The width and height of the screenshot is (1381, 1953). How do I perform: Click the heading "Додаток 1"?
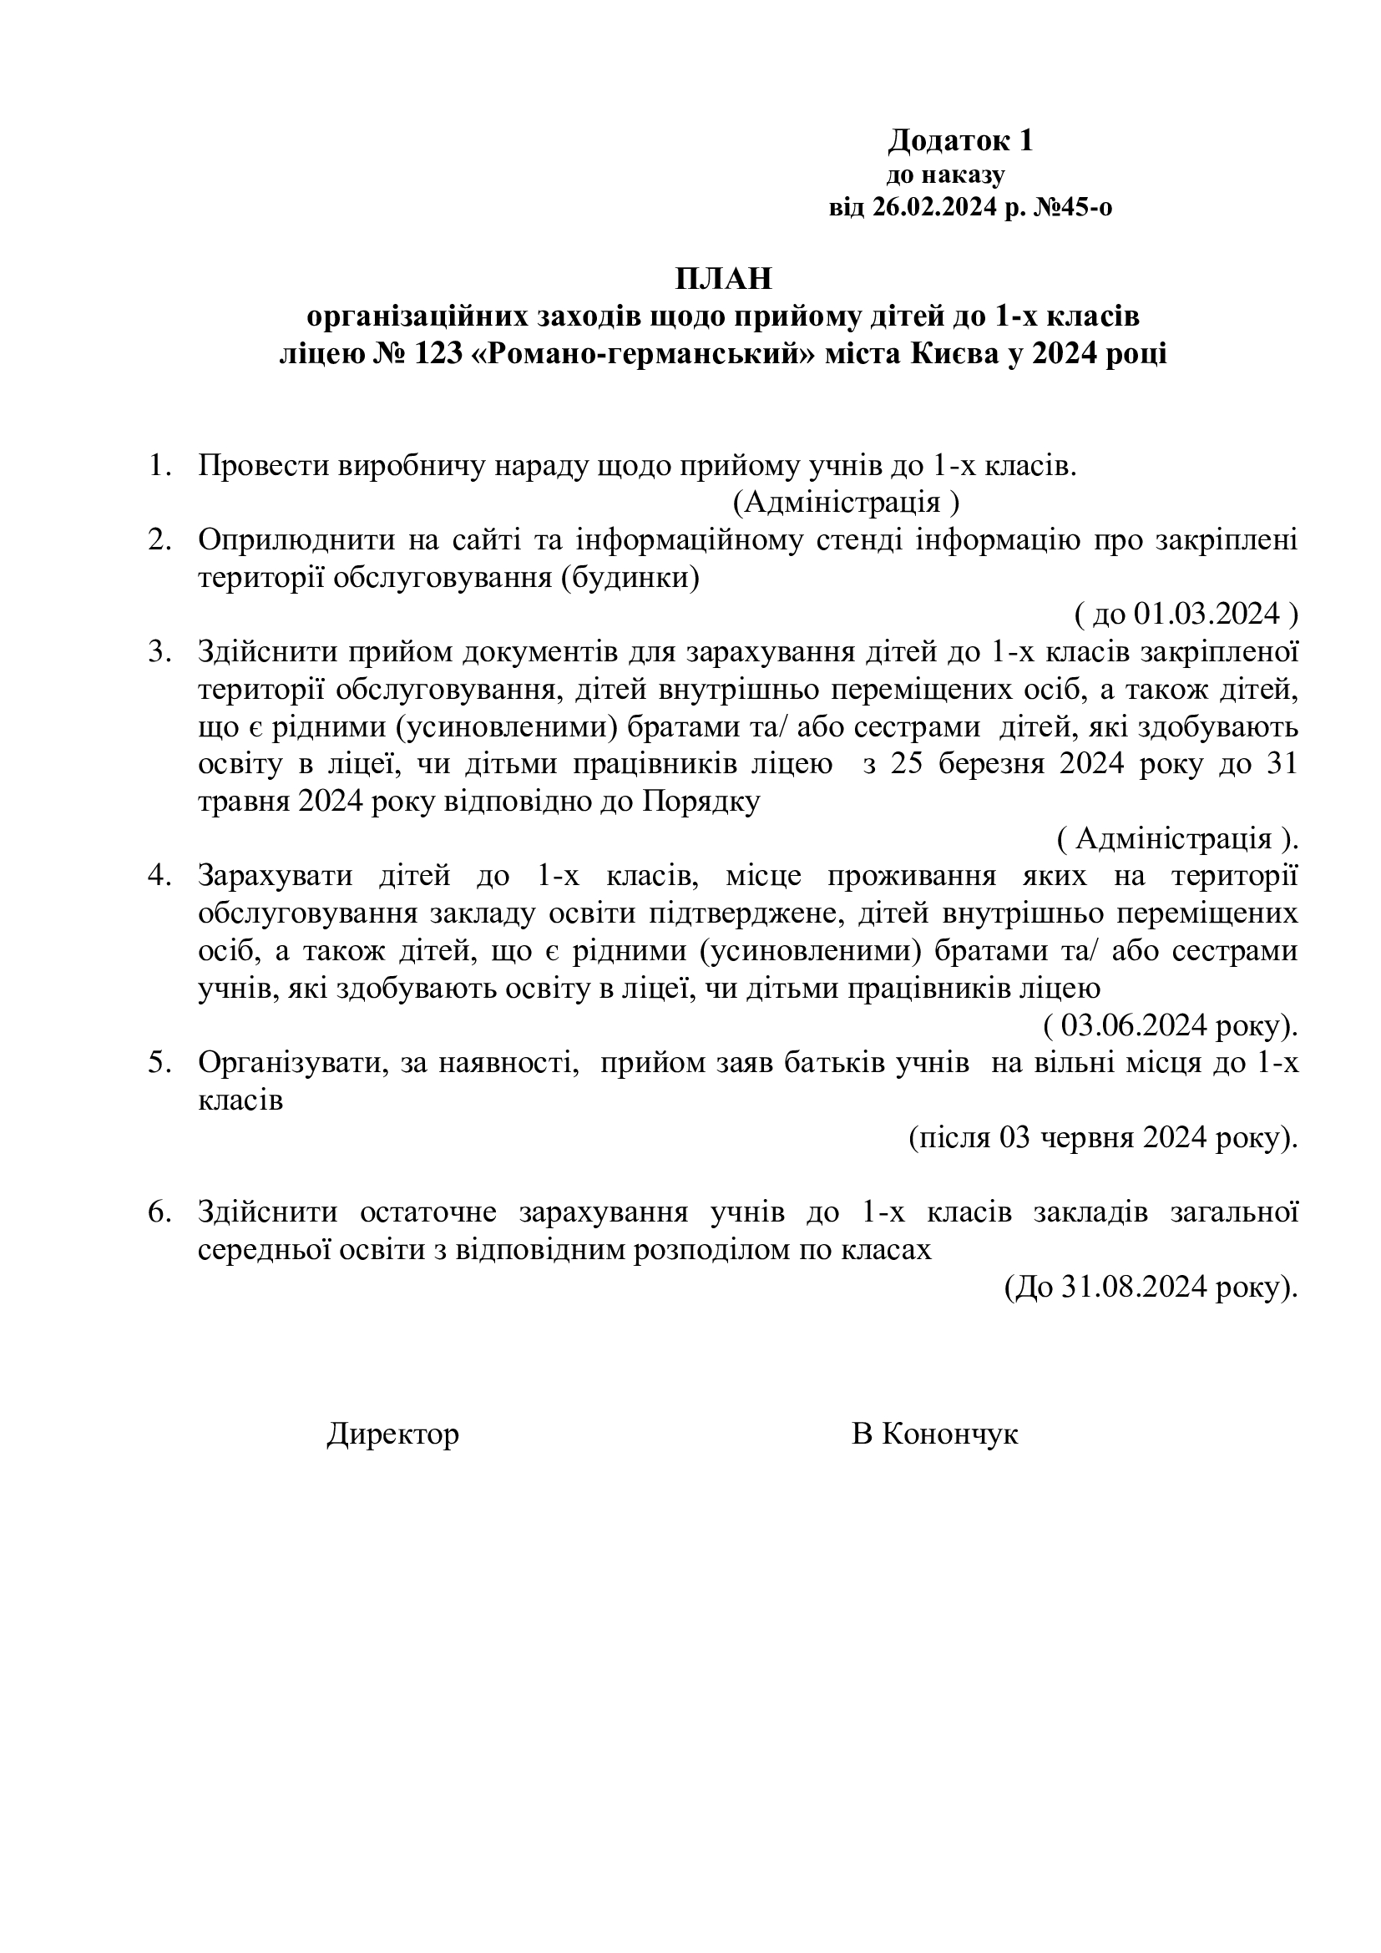pyautogui.click(x=960, y=140)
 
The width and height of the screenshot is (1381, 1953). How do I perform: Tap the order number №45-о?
pyautogui.click(x=1072, y=208)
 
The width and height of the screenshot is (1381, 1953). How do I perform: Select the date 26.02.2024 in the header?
pyautogui.click(x=933, y=208)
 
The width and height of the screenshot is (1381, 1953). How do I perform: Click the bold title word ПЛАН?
pyautogui.click(x=724, y=278)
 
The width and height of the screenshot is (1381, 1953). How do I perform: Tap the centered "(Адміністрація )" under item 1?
pyautogui.click(x=846, y=503)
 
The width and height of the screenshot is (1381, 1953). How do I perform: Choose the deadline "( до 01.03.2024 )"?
pyautogui.click(x=1186, y=614)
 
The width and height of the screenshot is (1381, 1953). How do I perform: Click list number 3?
pyautogui.click(x=159, y=651)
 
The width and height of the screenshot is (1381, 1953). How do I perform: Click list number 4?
pyautogui.click(x=159, y=875)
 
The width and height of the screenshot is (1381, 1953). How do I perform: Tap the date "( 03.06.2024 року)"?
pyautogui.click(x=1170, y=1026)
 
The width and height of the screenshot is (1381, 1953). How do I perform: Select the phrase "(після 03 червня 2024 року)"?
pyautogui.click(x=1103, y=1138)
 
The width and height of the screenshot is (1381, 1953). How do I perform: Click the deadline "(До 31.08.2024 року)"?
pyautogui.click(x=1151, y=1288)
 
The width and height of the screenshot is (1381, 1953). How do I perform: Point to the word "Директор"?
pyautogui.click(x=393, y=1434)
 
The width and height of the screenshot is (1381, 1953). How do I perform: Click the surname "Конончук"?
pyautogui.click(x=950, y=1434)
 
